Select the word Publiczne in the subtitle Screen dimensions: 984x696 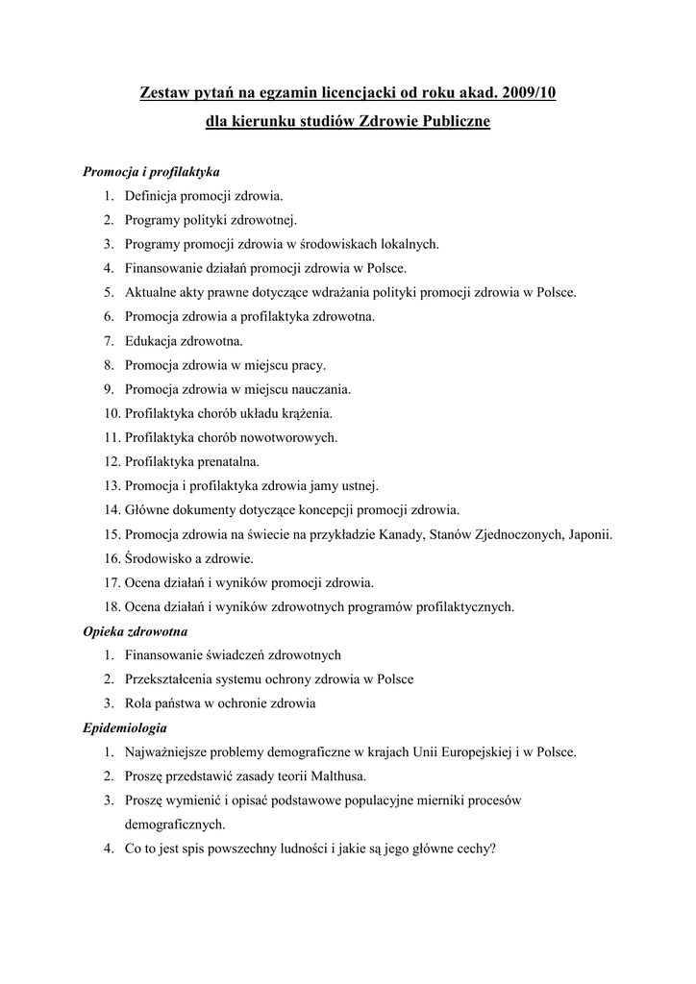(450, 122)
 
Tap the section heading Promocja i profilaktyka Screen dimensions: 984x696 (151, 172)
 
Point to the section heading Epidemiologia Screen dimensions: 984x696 (125, 727)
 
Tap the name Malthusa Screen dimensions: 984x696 (334, 775)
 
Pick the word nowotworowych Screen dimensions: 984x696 (288, 438)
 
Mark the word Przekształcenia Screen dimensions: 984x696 (171, 679)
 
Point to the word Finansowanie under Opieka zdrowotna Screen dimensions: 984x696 (169, 655)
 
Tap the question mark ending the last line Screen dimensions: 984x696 (492, 849)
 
